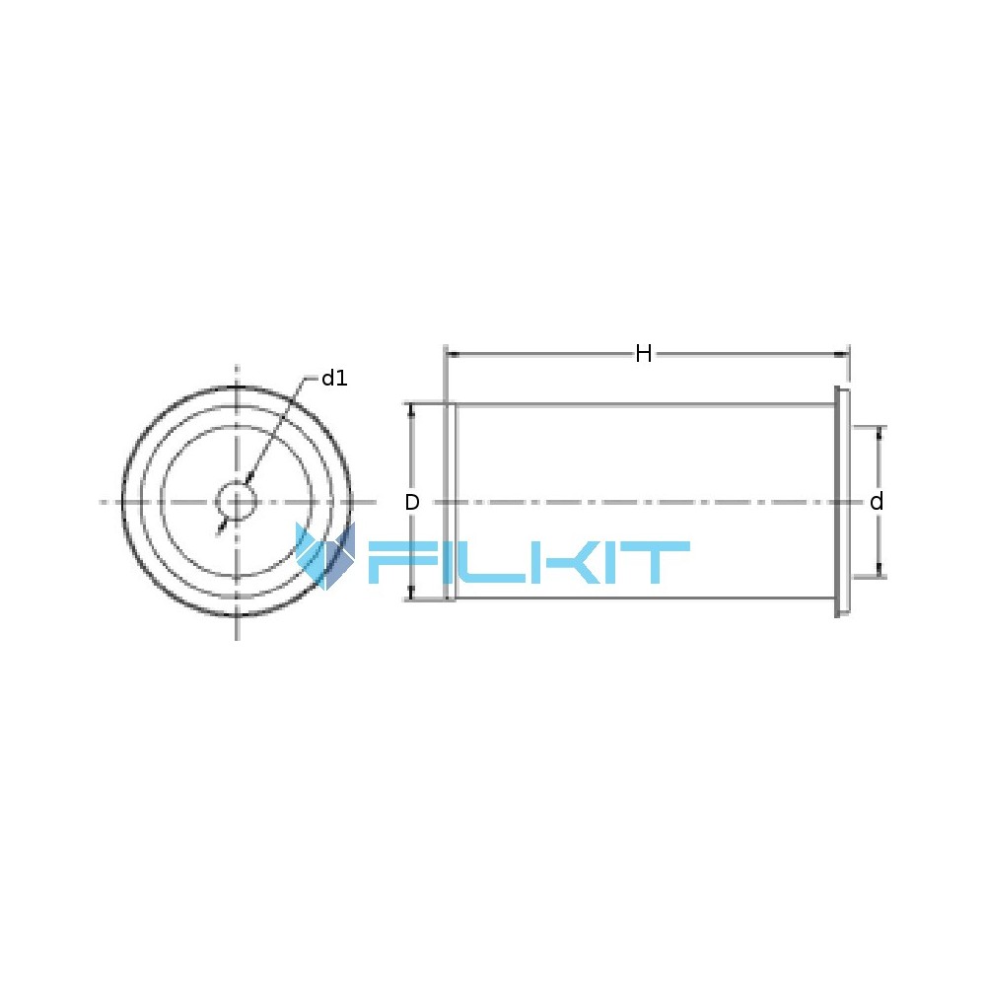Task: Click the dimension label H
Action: [x=643, y=353]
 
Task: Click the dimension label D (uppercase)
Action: [x=412, y=502]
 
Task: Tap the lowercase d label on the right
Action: [x=877, y=501]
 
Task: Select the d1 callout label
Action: [x=334, y=378]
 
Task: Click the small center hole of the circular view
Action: [x=237, y=501]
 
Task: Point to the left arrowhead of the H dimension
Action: [x=453, y=355]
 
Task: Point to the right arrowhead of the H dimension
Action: [x=841, y=355]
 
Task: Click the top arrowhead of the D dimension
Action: [x=412, y=410]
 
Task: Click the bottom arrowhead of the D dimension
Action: [x=412, y=593]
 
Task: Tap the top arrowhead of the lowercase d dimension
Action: [x=880, y=433]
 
